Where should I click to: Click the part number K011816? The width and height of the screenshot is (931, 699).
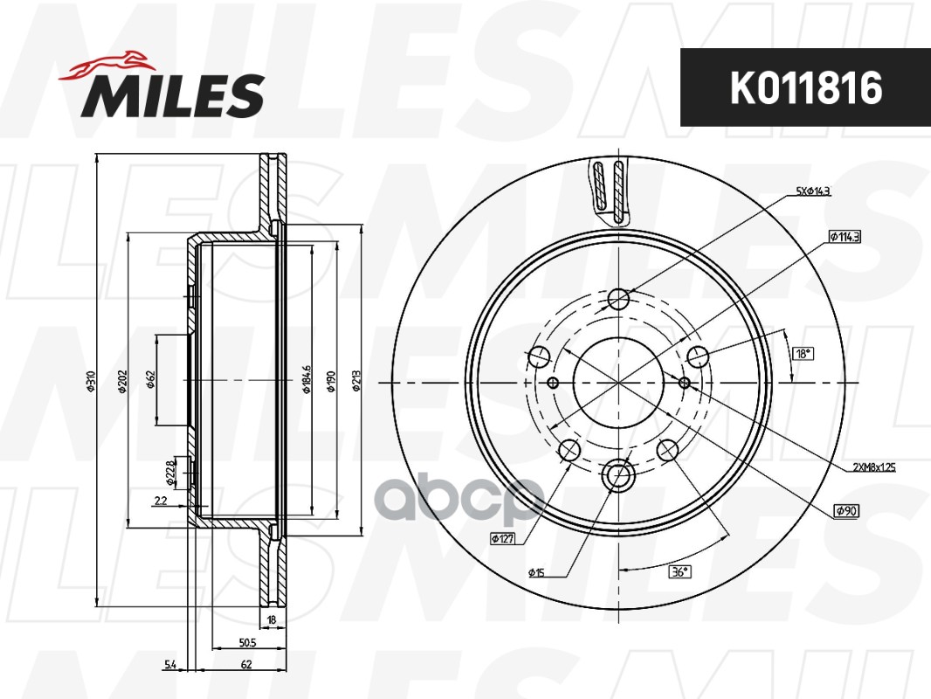point(805,87)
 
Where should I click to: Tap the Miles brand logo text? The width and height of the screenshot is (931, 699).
point(173,95)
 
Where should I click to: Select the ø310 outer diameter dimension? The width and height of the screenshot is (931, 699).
point(90,382)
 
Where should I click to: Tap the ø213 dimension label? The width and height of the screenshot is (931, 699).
point(356,382)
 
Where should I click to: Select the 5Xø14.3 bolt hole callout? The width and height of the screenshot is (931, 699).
point(812,190)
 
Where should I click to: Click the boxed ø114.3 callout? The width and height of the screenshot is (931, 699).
point(844,237)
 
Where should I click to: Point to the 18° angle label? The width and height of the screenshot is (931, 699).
point(803,354)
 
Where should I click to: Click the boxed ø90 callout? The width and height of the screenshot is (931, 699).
point(846,510)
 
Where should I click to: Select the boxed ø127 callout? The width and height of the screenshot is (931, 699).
point(502,539)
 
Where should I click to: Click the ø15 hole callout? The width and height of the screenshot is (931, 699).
point(536,573)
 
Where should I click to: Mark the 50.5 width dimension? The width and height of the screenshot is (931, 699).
point(246,643)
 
